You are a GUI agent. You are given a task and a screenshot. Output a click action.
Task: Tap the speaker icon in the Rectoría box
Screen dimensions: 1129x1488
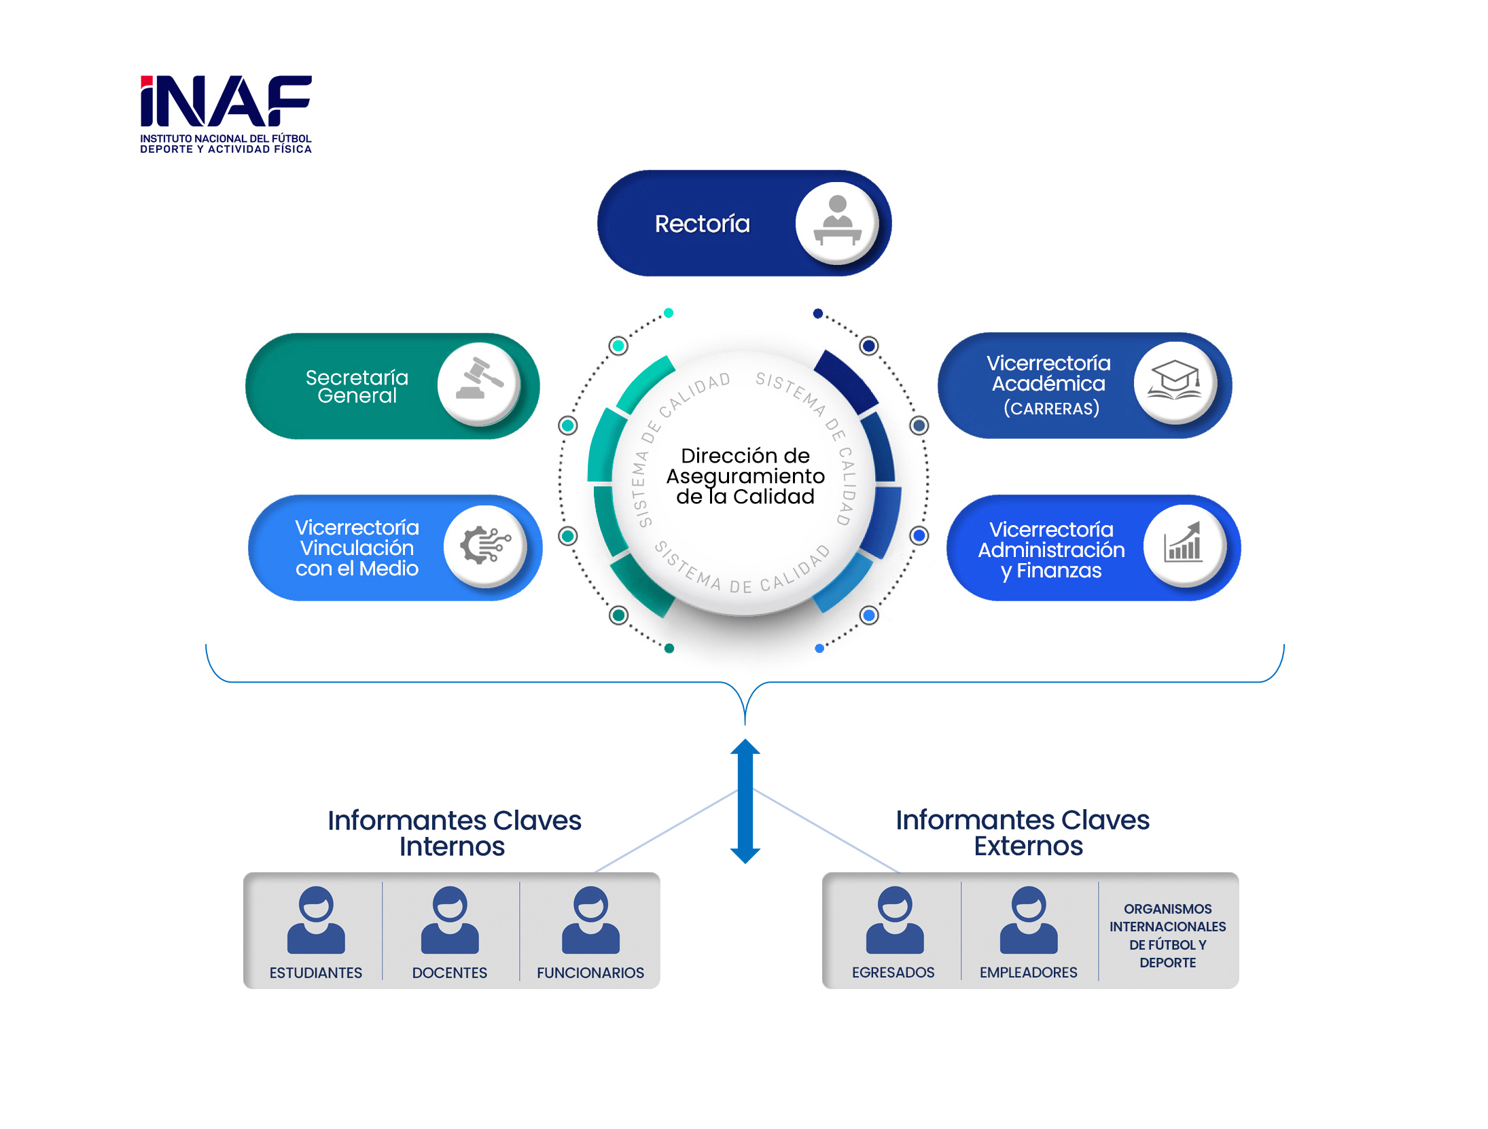pos(837,223)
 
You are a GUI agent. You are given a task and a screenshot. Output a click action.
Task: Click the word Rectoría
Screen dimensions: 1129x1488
pos(702,223)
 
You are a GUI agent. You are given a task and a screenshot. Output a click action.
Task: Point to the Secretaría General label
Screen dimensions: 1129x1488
pos(357,386)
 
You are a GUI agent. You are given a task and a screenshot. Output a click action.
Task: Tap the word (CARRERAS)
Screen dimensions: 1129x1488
pos(1051,408)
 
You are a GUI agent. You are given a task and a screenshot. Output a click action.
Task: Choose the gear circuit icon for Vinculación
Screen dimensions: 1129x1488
pos(484,545)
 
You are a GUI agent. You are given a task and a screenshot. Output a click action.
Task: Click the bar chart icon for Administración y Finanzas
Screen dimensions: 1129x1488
pos(1184,545)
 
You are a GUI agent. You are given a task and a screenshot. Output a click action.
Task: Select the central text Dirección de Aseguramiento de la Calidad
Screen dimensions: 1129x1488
pos(745,476)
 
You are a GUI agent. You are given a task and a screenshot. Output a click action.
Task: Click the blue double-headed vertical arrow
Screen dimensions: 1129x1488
pos(745,801)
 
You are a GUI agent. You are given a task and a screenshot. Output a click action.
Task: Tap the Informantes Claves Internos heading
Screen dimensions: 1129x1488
pos(454,833)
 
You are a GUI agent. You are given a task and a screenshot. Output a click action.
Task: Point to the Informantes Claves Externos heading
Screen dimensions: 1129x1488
pos(1023,832)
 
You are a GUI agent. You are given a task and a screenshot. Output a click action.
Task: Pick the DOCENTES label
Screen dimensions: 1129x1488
pos(449,973)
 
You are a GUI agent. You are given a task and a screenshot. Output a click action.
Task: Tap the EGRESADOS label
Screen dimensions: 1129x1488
pos(893,972)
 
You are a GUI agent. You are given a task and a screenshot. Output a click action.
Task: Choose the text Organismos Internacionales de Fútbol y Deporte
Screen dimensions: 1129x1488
pos(1167,935)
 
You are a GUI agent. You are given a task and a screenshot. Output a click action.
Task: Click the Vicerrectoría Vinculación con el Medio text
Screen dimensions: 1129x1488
pos(357,548)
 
